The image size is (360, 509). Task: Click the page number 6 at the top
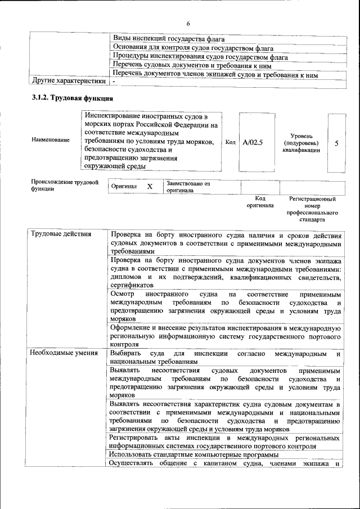point(188,23)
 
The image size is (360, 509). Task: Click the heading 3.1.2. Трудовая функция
point(69,98)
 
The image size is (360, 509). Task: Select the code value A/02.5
point(253,143)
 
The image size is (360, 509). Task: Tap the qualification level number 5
point(336,143)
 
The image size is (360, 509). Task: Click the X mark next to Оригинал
point(150,186)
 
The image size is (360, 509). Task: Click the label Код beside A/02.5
point(230,143)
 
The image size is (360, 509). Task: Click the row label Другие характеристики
point(68,82)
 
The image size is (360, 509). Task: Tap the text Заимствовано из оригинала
point(188,187)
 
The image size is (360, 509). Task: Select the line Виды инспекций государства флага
point(169,39)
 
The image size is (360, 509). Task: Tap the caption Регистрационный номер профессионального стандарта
point(312,209)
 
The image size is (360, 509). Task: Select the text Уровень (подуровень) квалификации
point(301,143)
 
